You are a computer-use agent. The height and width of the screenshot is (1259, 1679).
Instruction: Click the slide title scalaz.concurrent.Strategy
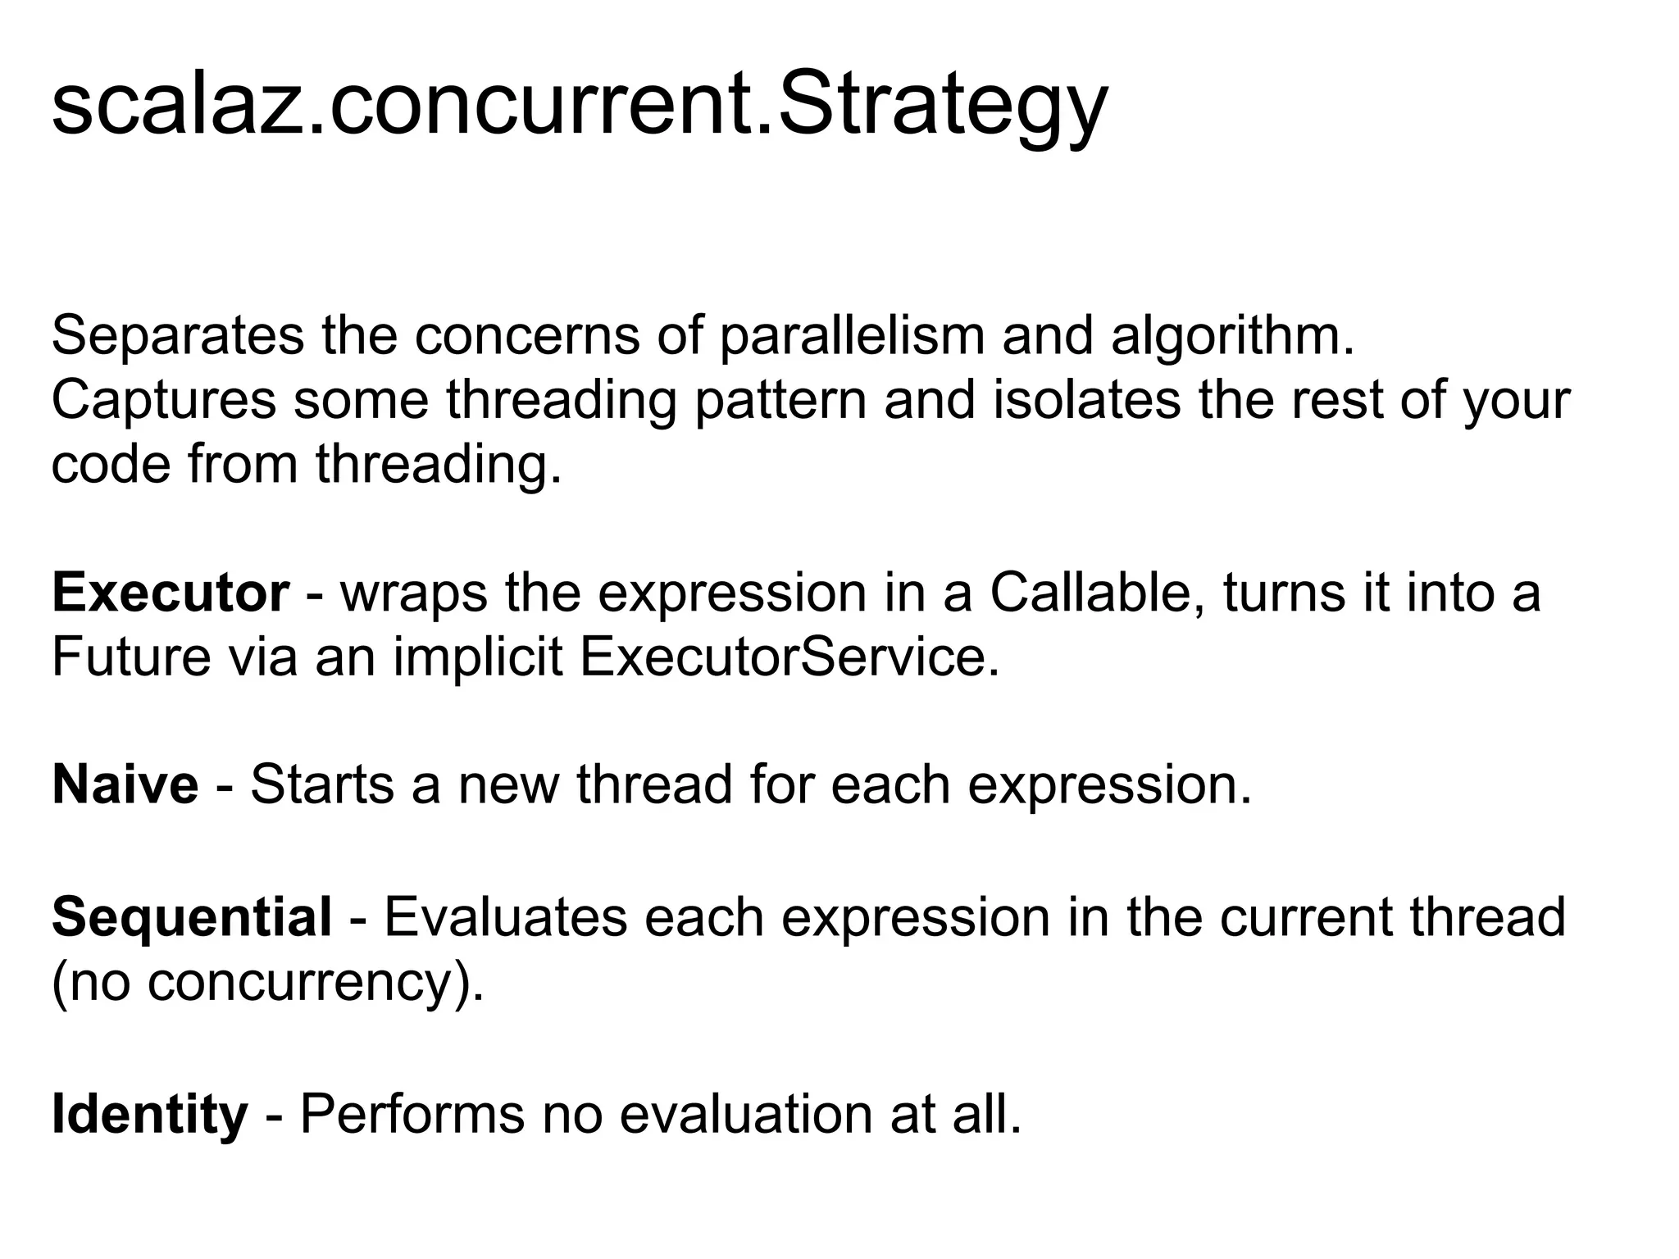coord(579,107)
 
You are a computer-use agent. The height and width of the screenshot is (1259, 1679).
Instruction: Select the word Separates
coord(177,336)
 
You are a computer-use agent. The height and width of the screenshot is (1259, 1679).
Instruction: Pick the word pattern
coord(780,401)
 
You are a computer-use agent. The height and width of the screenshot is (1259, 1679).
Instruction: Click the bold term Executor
coord(171,593)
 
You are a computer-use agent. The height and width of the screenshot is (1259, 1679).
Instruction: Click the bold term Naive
coord(125,784)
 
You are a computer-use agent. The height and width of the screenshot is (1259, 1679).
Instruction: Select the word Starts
coord(322,784)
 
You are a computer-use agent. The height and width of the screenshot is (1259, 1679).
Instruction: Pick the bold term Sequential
coord(192,917)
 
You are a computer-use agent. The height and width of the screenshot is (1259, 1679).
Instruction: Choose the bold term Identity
coord(149,1115)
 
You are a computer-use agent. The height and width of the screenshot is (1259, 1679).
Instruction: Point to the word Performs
coord(412,1114)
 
